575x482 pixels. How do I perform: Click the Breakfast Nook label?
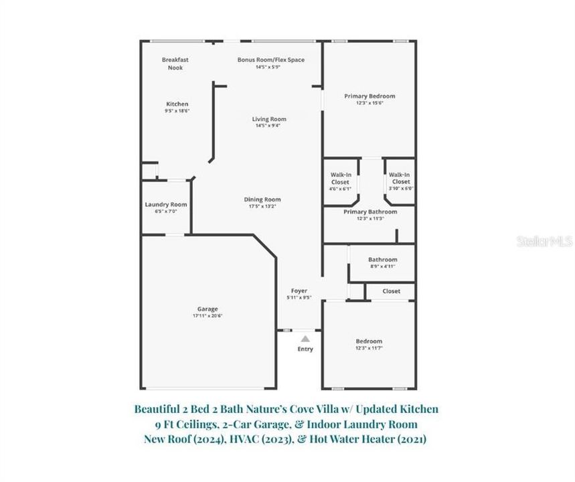tap(175, 64)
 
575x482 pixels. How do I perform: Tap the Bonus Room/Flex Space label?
tap(270, 60)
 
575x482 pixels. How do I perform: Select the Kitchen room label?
tap(177, 104)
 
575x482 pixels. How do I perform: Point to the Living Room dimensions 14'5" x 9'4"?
tap(269, 126)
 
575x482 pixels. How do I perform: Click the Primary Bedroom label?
tap(369, 96)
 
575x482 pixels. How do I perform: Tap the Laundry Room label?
tap(166, 204)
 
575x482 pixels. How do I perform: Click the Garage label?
tap(207, 309)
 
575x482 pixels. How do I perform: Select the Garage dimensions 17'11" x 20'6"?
tap(207, 315)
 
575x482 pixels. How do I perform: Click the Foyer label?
tap(299, 291)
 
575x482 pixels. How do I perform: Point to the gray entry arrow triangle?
tap(305, 339)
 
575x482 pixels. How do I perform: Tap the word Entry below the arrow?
tap(305, 349)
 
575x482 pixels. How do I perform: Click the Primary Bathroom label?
tap(370, 212)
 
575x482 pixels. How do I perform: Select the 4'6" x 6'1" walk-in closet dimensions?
tap(340, 189)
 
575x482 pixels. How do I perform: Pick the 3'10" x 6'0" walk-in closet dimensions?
tap(400, 189)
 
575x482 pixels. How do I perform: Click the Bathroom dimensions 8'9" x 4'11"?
tap(382, 266)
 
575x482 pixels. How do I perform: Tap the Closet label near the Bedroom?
tap(392, 291)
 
